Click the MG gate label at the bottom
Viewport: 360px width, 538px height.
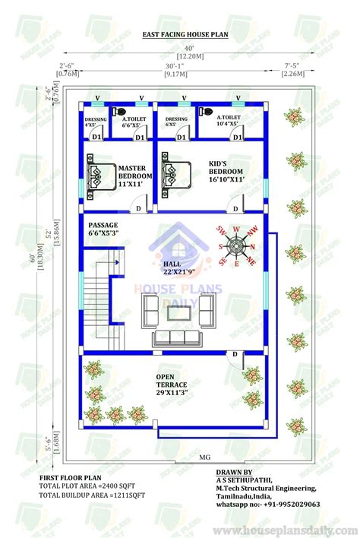tap(204, 457)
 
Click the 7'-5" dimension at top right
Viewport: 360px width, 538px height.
tap(292, 65)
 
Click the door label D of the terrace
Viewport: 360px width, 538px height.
tap(235, 355)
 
